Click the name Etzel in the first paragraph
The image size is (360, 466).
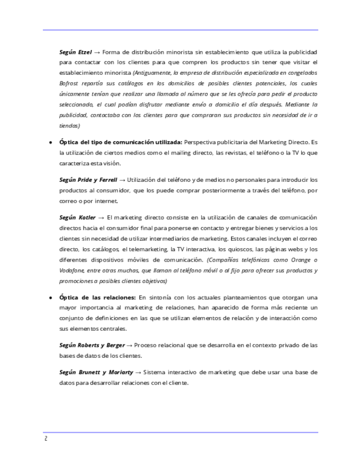84,52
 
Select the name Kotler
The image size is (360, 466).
87,218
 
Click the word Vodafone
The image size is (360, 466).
71,270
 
